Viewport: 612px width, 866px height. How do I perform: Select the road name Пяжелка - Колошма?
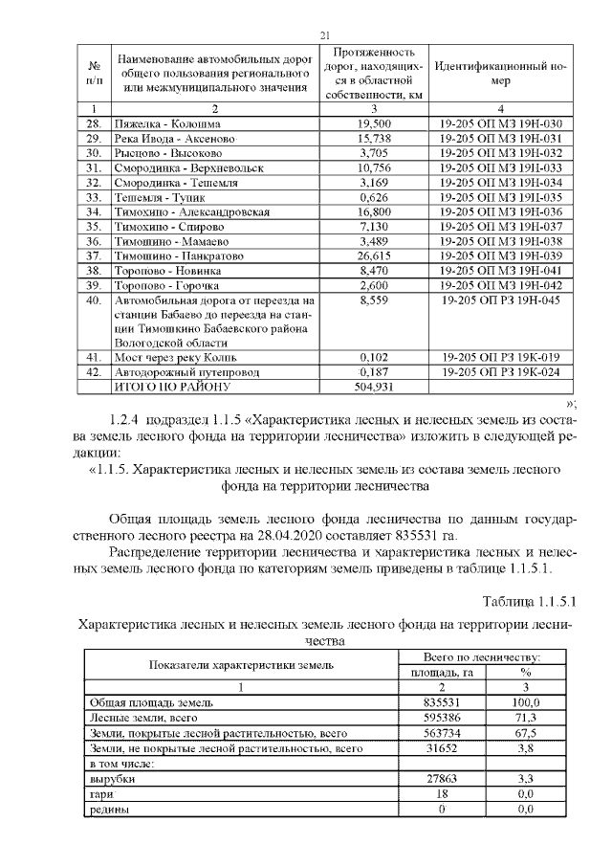click(167, 123)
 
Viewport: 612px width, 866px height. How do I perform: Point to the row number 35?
click(94, 226)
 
